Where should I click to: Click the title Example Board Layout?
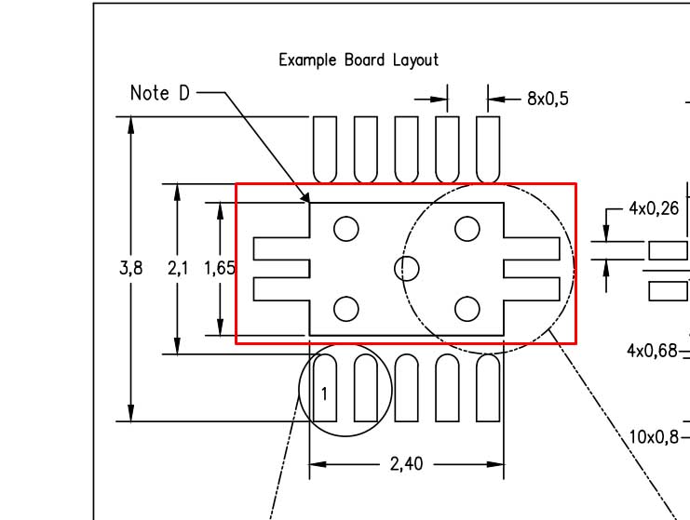coord(359,60)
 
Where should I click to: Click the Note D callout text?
coord(160,93)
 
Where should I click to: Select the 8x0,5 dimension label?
coord(548,98)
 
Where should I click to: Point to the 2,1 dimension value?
coord(178,268)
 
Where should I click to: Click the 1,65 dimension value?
coord(220,268)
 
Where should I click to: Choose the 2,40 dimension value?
coord(406,463)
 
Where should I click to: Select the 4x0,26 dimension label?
coord(654,208)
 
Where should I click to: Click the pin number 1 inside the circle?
coord(324,393)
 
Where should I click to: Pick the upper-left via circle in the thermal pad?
coord(346,228)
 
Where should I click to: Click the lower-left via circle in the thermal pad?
coord(346,308)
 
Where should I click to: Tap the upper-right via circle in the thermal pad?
coord(467,228)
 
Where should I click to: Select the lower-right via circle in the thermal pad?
coord(467,308)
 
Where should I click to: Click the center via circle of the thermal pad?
coord(407,268)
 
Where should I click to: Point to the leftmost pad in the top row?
coord(325,149)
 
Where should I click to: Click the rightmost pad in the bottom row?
coord(488,387)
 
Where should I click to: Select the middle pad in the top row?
coord(407,149)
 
